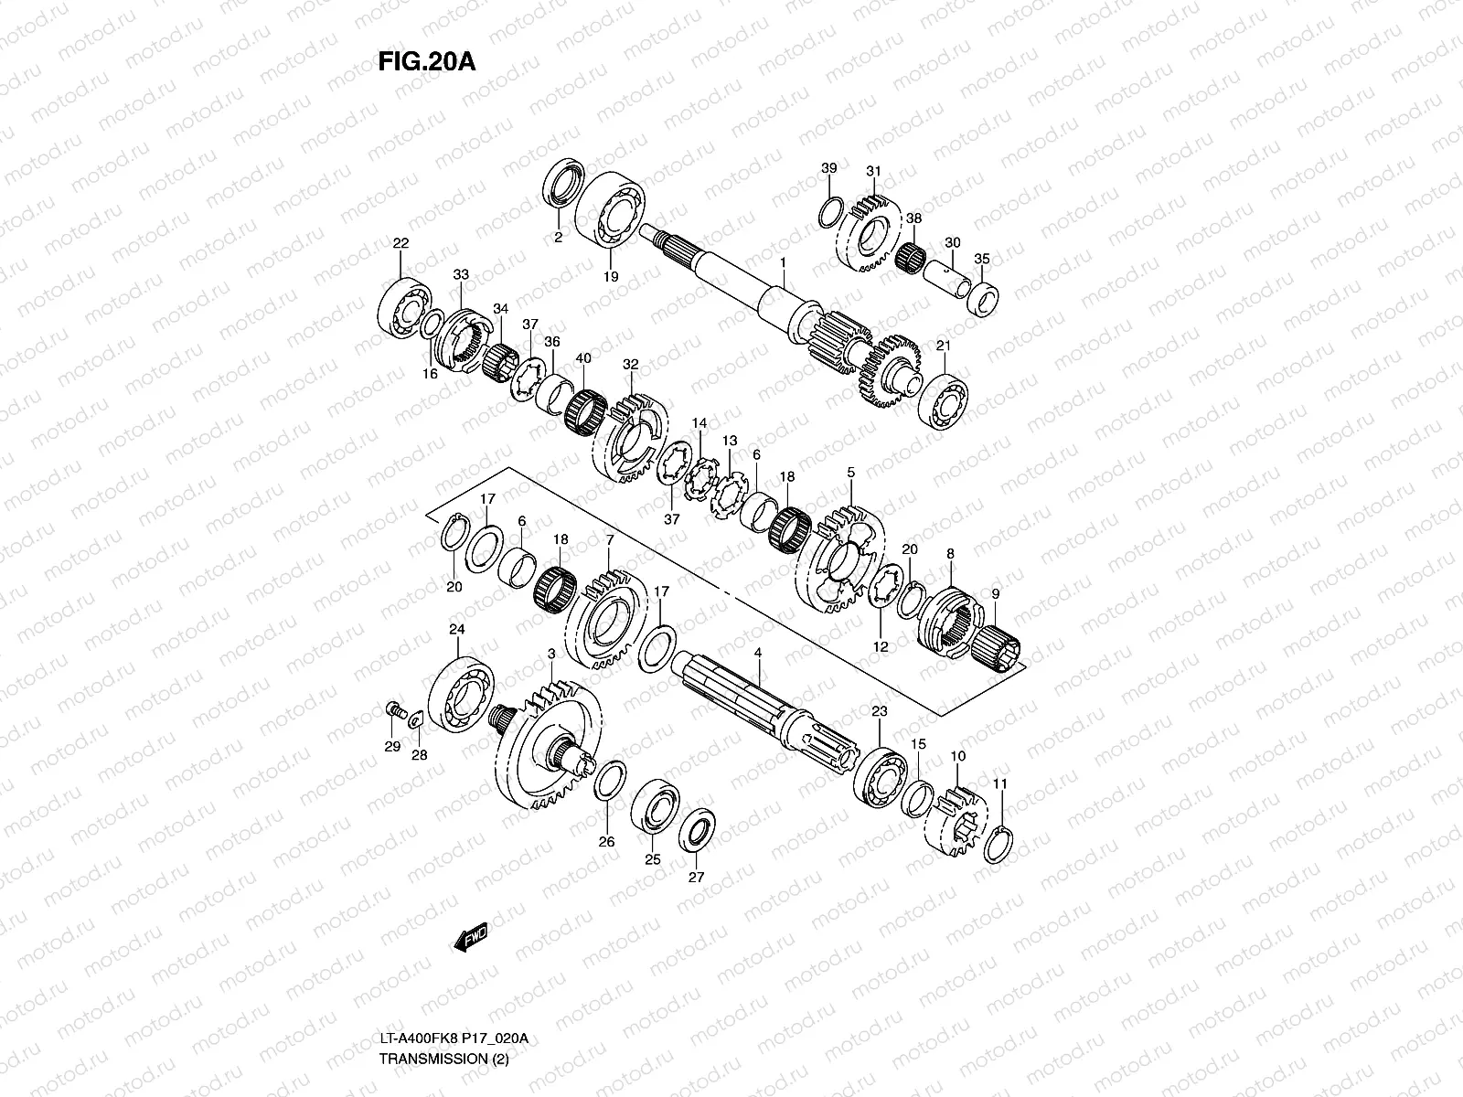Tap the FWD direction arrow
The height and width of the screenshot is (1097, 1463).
(x=470, y=939)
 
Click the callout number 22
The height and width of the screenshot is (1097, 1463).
(x=400, y=243)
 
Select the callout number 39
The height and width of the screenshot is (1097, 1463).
(x=828, y=168)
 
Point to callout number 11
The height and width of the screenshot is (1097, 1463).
(x=1000, y=783)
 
